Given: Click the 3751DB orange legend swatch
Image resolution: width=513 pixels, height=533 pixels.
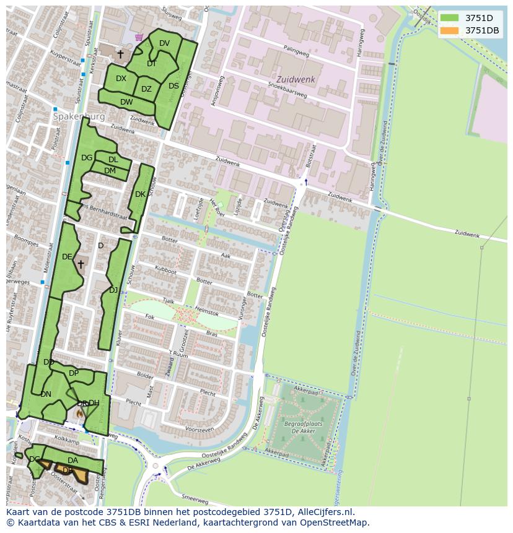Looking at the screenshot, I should (x=450, y=30).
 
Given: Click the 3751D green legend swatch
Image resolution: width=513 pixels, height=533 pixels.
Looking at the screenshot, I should (x=450, y=17).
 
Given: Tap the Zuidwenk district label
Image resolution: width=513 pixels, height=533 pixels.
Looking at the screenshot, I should (x=296, y=80).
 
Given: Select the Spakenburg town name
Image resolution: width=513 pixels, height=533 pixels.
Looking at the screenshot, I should (x=79, y=116).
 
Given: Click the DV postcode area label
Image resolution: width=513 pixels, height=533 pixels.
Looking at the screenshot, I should (x=164, y=43).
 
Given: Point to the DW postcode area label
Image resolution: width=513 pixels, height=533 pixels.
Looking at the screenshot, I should (x=126, y=102).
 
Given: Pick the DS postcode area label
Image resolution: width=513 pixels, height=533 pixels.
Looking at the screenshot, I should (x=173, y=86).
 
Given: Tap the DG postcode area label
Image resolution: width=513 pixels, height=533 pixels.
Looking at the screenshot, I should (x=87, y=158).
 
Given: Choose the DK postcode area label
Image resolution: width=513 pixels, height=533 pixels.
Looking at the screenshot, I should (x=140, y=194).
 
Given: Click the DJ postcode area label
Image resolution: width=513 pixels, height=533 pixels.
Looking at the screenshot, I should (x=113, y=290).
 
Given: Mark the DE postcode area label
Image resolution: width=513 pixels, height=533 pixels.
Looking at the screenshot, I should (x=67, y=257).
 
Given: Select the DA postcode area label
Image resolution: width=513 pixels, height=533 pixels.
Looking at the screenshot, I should (x=72, y=461).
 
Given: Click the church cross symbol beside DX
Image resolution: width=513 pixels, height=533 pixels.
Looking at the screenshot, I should (x=120, y=54).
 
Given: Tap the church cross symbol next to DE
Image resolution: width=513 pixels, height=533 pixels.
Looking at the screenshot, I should (x=81, y=264).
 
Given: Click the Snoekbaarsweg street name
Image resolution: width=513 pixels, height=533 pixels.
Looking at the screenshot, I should (x=287, y=91).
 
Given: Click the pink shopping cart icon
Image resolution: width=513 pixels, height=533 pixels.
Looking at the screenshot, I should (x=139, y=37).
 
